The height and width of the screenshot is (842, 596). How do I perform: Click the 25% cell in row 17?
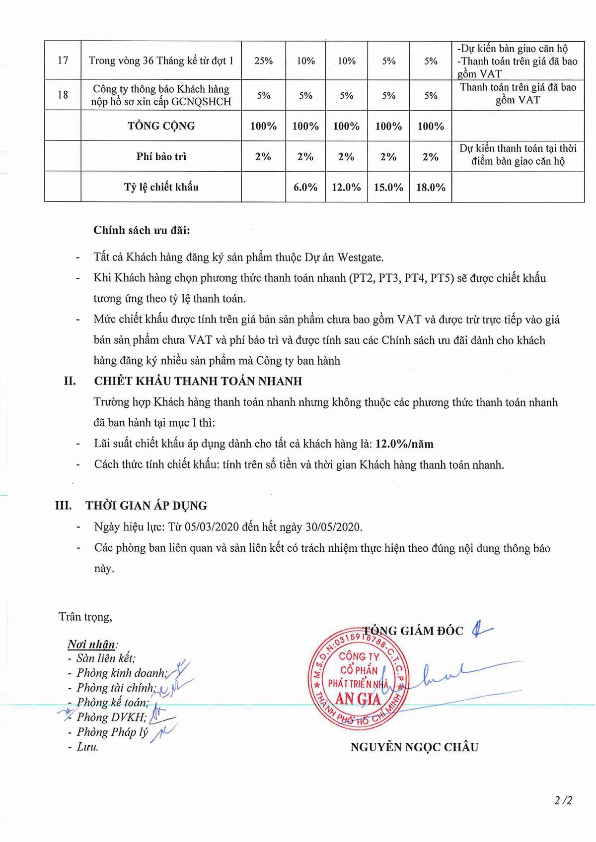click(x=263, y=61)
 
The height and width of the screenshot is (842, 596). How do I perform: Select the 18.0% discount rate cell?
click(x=431, y=187)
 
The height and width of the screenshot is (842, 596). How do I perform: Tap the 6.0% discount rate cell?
click(x=305, y=187)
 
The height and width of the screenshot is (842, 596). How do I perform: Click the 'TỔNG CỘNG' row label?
click(x=161, y=126)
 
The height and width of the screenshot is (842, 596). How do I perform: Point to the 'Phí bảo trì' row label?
click(x=161, y=157)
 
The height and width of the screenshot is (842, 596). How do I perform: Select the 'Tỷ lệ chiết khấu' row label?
click(x=161, y=187)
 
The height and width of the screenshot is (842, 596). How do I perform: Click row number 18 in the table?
click(x=63, y=95)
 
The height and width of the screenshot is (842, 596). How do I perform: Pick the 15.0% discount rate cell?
click(x=388, y=187)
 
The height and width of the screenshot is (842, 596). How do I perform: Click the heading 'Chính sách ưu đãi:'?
click(x=142, y=230)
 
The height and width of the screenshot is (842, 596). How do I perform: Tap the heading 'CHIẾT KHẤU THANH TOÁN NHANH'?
click(x=198, y=381)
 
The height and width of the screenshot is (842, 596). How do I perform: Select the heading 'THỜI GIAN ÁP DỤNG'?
click(x=147, y=506)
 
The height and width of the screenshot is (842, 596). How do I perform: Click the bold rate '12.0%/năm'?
click(x=404, y=444)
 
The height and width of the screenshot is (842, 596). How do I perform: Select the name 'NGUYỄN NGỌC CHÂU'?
click(x=414, y=747)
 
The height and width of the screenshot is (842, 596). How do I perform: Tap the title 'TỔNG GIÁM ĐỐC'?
click(x=412, y=631)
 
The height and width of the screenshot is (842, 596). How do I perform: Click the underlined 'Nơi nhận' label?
click(x=91, y=644)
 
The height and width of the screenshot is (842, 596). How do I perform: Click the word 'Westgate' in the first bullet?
click(x=360, y=257)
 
